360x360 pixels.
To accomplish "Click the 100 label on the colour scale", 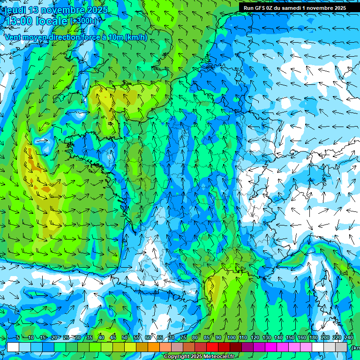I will coord(232,338).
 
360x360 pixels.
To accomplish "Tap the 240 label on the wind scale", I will coord(349,338).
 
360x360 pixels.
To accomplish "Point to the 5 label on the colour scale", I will coord(17,338).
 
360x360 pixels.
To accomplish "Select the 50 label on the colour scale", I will coord(125,338).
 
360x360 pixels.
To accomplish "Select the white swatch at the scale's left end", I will coord(13,347).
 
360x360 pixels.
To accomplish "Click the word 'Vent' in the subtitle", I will coord(13,37).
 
